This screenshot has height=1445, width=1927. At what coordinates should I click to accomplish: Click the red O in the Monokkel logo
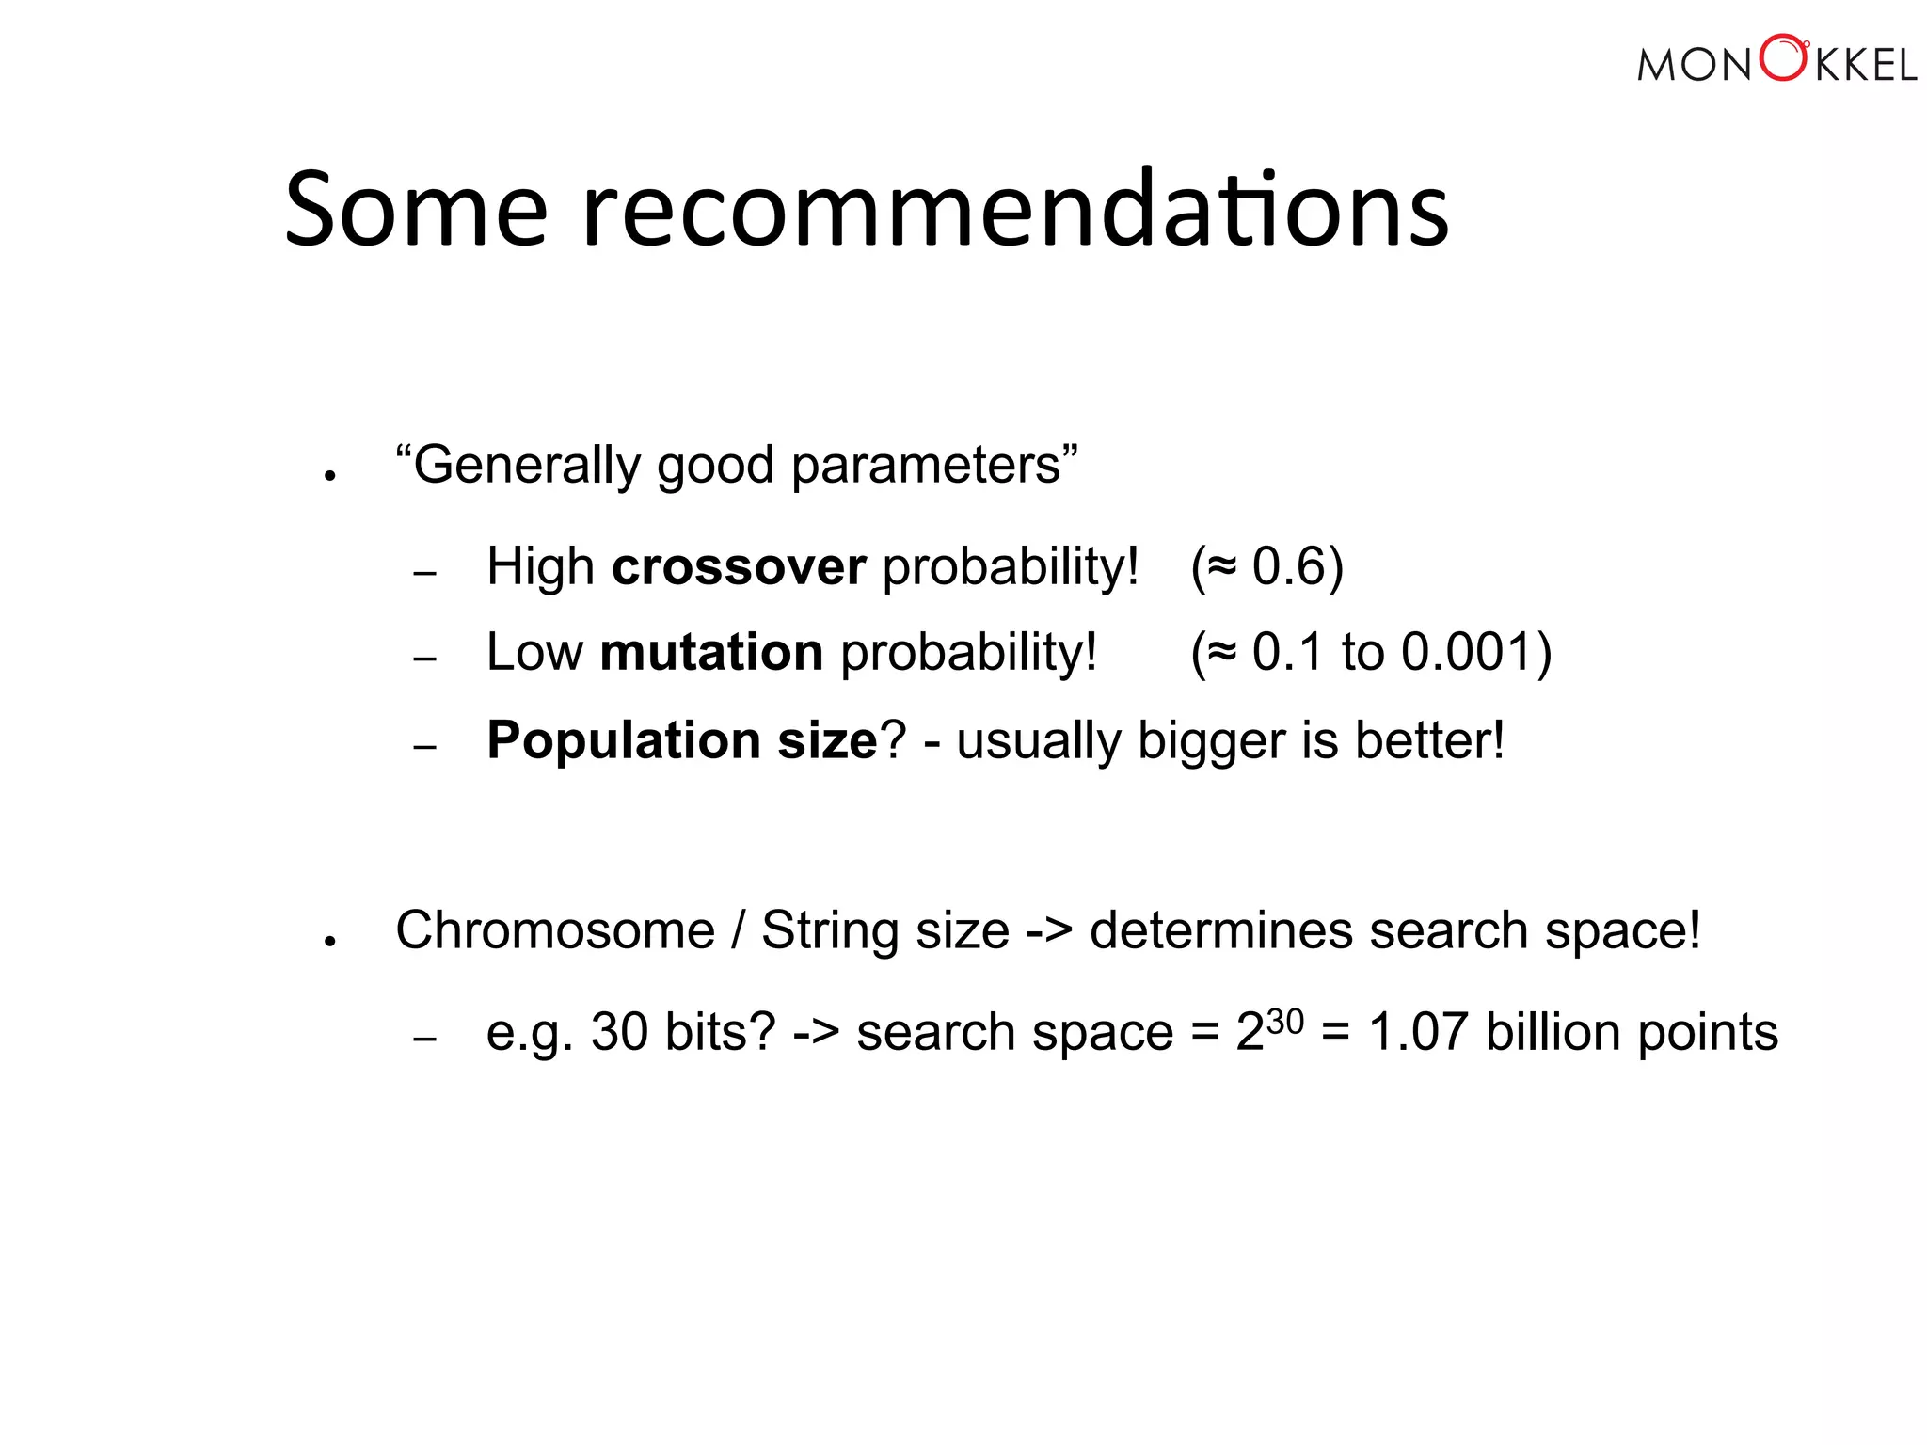click(1783, 58)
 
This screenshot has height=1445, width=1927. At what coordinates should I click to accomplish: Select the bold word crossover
click(738, 567)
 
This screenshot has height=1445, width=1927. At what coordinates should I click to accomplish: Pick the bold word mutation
click(711, 652)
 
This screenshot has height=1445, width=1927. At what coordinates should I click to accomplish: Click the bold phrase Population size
click(682, 740)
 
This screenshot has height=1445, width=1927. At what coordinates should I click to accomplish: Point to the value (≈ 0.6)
click(1266, 567)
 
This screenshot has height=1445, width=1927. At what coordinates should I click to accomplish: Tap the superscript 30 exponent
click(1284, 1021)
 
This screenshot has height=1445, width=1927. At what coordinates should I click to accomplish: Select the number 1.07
click(1418, 1032)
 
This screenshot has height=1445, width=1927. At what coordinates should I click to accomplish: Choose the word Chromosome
click(555, 930)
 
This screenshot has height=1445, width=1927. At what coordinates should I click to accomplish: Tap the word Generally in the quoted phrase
click(527, 466)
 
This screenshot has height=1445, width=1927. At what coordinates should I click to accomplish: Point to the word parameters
click(926, 466)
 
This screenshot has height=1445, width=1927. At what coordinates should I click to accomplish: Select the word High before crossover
click(540, 567)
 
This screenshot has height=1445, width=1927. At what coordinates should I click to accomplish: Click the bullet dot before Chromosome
click(329, 940)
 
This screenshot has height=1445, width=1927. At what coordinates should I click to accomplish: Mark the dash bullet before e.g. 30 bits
click(425, 1040)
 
